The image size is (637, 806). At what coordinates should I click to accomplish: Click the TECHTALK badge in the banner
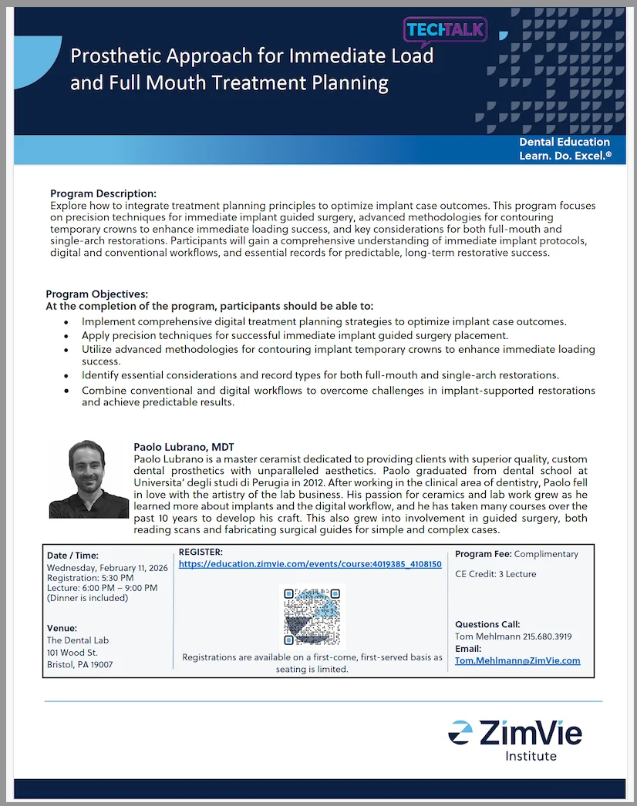click(x=446, y=30)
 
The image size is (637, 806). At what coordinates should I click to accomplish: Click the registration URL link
click(x=310, y=564)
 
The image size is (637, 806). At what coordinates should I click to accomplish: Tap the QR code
click(x=312, y=616)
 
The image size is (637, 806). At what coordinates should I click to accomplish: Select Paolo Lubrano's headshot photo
click(x=88, y=479)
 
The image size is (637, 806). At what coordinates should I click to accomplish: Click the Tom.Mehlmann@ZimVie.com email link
click(x=517, y=660)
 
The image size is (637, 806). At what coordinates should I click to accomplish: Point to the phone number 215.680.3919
click(x=544, y=636)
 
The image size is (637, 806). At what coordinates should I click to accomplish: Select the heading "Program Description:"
click(x=103, y=193)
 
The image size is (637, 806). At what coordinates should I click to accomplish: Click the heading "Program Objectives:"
click(x=96, y=294)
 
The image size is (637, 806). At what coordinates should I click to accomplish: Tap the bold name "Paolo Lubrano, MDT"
click(x=184, y=447)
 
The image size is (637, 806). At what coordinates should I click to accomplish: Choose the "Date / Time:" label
click(x=72, y=556)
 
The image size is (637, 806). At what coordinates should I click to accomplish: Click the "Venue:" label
click(x=62, y=628)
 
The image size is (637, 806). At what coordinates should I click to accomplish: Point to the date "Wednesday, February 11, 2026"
click(x=107, y=568)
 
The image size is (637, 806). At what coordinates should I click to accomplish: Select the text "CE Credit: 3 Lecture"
click(x=495, y=574)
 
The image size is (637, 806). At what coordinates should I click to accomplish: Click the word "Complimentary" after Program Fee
click(x=546, y=554)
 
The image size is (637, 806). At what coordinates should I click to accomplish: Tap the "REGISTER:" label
click(x=201, y=552)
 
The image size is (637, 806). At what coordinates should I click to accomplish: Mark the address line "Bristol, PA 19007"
click(x=79, y=664)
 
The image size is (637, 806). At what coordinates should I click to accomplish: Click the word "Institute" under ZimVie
click(x=531, y=756)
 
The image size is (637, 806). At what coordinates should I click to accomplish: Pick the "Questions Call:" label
click(x=487, y=624)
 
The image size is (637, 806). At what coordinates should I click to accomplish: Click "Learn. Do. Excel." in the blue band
click(x=565, y=156)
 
